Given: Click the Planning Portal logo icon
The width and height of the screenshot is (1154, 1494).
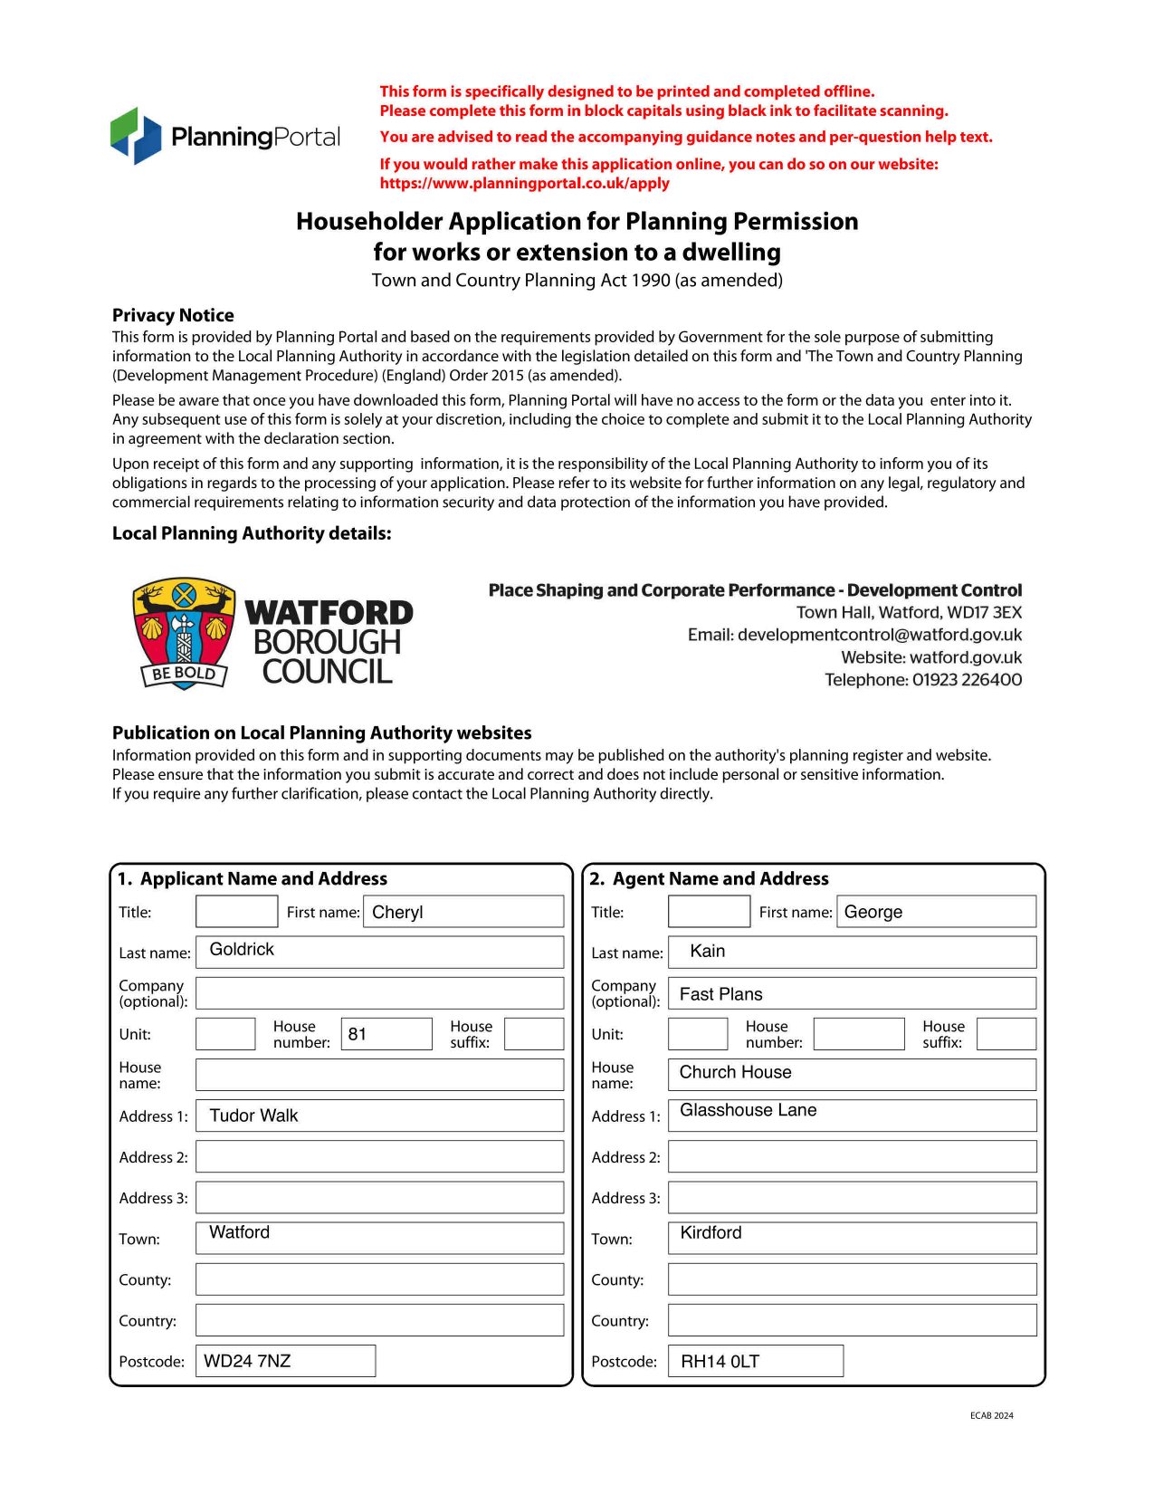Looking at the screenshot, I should coord(136,136).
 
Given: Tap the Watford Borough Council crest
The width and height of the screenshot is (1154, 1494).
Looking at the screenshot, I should coord(184,633).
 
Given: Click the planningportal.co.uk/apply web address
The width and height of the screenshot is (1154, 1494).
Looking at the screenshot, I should coord(524,183).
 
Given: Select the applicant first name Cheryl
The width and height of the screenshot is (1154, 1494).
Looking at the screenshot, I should coord(397,912).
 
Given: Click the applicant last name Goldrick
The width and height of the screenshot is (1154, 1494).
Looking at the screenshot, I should coord(242,949).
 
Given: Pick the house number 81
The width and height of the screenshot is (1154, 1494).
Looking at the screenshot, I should coord(358,1034).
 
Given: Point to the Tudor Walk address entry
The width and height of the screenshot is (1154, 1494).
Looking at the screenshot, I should coord(253,1116).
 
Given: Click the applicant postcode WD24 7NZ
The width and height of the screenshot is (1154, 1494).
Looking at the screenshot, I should coord(247,1361).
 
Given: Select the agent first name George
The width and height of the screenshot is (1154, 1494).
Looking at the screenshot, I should coord(873,912).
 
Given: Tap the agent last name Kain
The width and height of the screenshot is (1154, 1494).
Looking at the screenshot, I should coord(707,951).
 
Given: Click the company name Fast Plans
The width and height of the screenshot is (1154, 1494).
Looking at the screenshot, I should coord(720,994).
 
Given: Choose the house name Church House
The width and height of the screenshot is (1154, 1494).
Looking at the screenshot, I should coord(735,1072).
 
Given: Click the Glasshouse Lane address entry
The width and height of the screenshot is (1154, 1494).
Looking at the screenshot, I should coord(748,1110).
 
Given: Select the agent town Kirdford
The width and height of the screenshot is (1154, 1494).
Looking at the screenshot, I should coord(711,1232).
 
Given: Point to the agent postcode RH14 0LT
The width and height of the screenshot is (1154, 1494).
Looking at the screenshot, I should coord(720,1361).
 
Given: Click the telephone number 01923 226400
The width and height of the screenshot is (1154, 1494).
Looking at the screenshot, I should coord(967,680).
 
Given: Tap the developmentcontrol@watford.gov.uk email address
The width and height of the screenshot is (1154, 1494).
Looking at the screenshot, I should coord(879,635).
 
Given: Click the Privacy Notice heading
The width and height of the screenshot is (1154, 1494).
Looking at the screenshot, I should coord(173,315).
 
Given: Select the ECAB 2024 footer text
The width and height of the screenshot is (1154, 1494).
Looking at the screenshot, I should coord(991,1415).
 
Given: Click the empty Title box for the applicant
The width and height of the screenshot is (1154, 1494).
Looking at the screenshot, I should coord(236,912).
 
